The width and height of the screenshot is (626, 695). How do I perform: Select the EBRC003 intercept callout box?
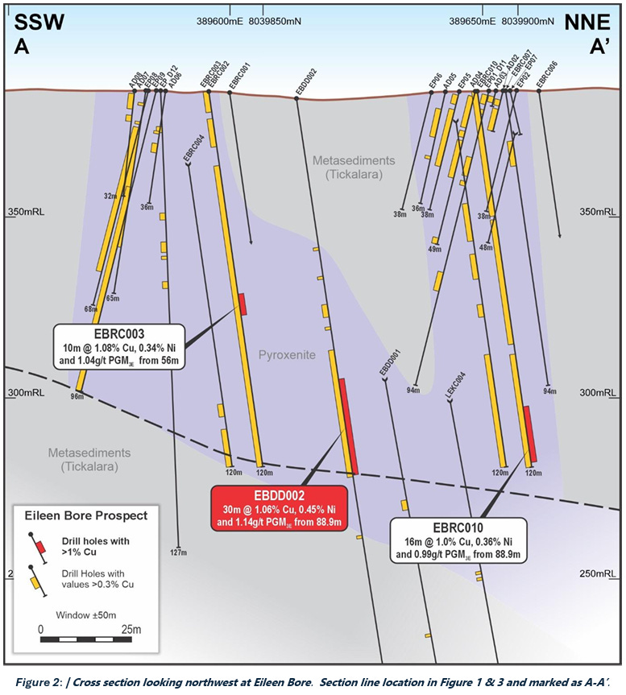point(119,345)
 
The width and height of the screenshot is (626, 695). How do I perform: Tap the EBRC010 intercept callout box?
point(458,538)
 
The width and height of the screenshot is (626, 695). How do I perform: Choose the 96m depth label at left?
point(77,396)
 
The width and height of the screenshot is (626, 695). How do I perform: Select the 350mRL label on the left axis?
point(25,212)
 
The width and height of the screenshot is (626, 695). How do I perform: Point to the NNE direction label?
point(591,22)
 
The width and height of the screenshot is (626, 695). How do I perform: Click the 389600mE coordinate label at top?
point(222,22)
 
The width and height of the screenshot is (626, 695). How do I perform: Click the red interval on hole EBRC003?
point(241,304)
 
